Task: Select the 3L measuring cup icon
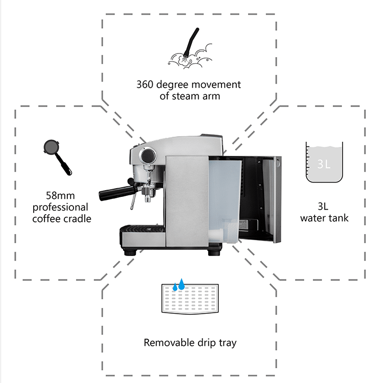coord(325,162)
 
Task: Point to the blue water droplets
coord(179,285)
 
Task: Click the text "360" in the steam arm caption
coord(146,84)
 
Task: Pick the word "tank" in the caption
coord(338,218)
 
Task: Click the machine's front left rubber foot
coord(129,251)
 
